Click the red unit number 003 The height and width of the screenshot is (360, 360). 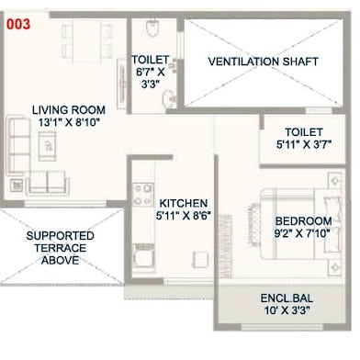coord(18,24)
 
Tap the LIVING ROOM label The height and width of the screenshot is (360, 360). coord(69,109)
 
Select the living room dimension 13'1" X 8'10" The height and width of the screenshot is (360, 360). coord(69,122)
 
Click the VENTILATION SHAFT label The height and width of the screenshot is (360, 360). coord(264,62)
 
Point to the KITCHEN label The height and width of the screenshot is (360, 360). coord(184,203)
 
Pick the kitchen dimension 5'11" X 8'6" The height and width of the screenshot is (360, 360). coord(184,216)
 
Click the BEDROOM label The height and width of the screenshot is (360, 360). coord(303,221)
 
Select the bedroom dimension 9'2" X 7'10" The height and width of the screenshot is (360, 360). coord(302,233)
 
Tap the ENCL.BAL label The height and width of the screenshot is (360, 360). coord(287,298)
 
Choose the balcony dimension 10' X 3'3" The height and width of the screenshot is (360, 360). coord(287,310)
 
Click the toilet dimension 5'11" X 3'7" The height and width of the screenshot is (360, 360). coord(304,144)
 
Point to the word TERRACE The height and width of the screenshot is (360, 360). coord(61,248)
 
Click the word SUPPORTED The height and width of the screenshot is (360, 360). coord(61,236)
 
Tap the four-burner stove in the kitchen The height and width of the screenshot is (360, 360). coord(142,195)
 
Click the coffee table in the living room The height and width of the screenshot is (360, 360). coord(47,146)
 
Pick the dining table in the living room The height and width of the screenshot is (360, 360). coord(86,41)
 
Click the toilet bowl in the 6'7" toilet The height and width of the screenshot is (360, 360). coord(152,28)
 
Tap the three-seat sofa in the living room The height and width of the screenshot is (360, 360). coord(18,145)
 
